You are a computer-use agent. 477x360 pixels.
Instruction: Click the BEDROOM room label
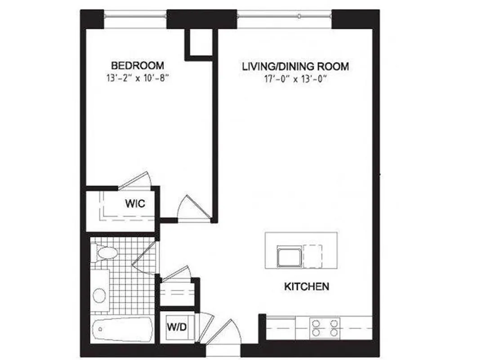[138, 65]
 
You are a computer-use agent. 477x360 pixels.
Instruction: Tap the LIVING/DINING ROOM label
[295, 67]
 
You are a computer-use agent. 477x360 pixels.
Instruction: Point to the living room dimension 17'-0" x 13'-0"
[295, 80]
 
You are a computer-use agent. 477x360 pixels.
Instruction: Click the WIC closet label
[135, 204]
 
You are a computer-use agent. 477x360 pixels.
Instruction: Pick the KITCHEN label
[307, 286]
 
